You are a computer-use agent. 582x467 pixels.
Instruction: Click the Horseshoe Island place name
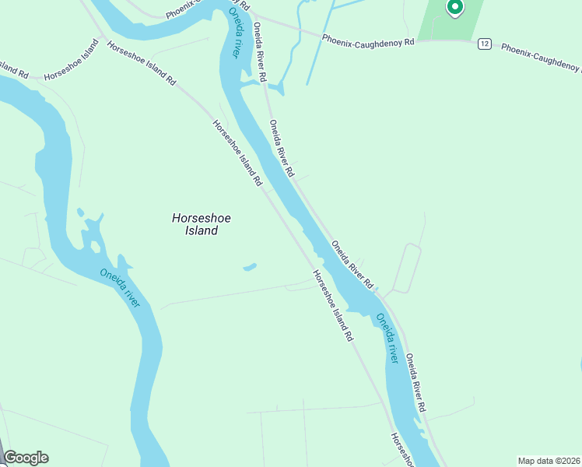coord(201,224)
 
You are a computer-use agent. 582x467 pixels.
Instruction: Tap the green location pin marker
coord(454,8)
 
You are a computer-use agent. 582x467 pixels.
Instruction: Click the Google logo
coord(26,458)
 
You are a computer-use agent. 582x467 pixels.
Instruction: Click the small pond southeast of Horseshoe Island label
coord(250,267)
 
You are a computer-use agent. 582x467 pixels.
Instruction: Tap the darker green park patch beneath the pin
coord(447,28)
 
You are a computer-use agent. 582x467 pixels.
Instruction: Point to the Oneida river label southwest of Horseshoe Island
coord(120,287)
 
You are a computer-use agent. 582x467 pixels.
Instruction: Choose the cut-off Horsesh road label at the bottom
coord(403,449)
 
